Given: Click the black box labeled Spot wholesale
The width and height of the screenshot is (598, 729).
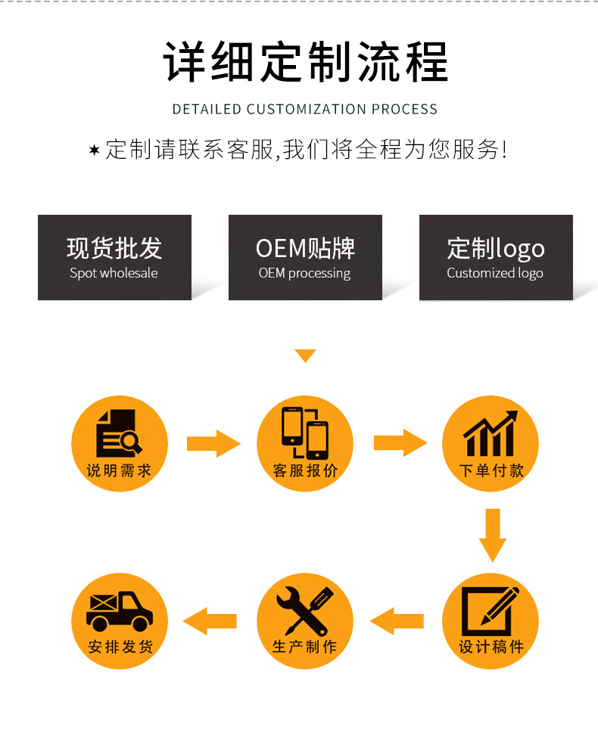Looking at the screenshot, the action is tap(114, 257).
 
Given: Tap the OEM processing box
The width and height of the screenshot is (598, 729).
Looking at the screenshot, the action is tap(305, 257).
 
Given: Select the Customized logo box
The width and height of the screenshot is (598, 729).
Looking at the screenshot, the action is tap(496, 257).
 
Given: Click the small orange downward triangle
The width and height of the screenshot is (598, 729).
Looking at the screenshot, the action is tap(305, 355).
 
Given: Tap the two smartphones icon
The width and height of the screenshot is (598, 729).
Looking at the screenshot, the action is tap(305, 433).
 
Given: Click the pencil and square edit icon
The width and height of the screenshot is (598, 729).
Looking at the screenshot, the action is tap(490, 611).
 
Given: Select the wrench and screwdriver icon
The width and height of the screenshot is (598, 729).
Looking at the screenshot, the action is tap(305, 611).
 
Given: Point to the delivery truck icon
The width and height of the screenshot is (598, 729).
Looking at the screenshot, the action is tap(120, 611).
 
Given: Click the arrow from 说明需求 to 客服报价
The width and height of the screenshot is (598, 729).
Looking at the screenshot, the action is tap(213, 444).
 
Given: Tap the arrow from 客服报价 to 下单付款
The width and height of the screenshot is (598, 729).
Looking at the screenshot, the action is tap(400, 442).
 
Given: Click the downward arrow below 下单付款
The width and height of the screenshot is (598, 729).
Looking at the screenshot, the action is tap(492, 535).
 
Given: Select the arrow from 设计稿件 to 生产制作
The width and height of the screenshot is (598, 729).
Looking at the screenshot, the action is tap(397, 621).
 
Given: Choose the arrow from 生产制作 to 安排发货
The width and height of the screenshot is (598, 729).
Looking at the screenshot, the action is tap(210, 621).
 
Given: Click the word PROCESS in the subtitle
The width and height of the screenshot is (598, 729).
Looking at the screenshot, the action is tap(404, 109).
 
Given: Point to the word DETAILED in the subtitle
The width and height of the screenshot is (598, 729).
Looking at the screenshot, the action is tap(207, 109).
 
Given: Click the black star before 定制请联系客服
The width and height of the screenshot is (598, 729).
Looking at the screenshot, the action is tap(94, 150).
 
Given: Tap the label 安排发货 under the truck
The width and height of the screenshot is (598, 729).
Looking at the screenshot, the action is tap(120, 647).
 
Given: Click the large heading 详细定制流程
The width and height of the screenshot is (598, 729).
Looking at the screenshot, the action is tap(305, 61).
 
